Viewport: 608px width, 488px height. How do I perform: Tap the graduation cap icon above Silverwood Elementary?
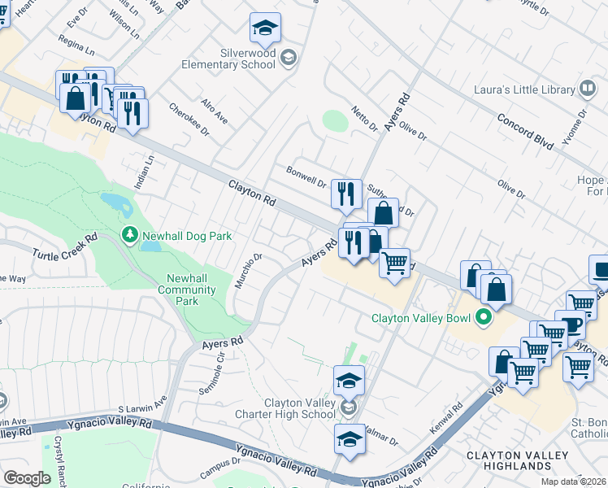pyautogui.click(x=265, y=28)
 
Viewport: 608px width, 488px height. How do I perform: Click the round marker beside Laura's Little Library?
pyautogui.click(x=587, y=89)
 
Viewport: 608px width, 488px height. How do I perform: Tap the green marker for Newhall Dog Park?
pyautogui.click(x=129, y=236)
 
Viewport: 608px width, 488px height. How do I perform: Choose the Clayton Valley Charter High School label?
pyautogui.click(x=300, y=408)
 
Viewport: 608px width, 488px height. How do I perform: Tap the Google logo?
pyautogui.click(x=27, y=478)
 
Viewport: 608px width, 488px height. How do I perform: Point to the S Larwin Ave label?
pyautogui.click(x=141, y=403)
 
